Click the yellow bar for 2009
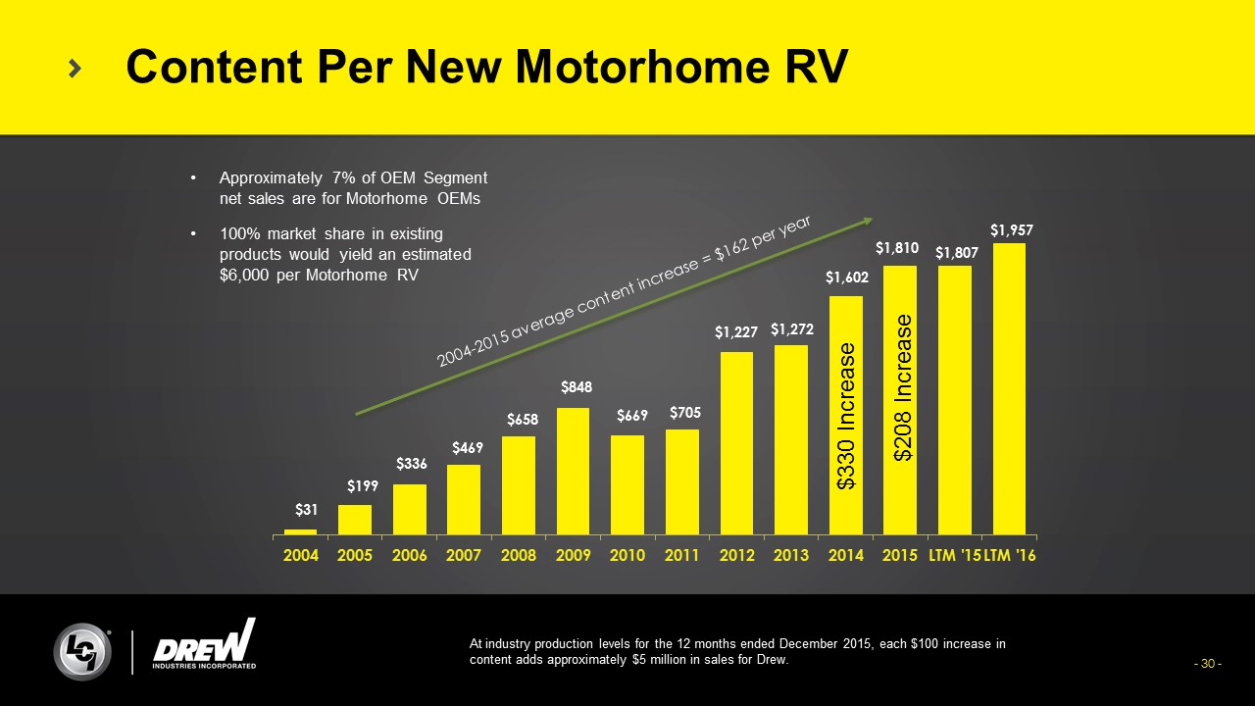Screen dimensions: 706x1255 574,472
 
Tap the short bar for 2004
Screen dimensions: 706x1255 300,531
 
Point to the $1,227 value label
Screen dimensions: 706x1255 736,333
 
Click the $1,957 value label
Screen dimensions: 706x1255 1011,229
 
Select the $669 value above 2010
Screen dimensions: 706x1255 632,416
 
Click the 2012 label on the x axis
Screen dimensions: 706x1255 736,556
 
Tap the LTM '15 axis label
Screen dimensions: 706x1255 954,556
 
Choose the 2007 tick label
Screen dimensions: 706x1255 464,556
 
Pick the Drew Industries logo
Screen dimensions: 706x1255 205,646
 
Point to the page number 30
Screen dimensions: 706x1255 1207,664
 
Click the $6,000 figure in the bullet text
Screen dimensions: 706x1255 242,275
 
